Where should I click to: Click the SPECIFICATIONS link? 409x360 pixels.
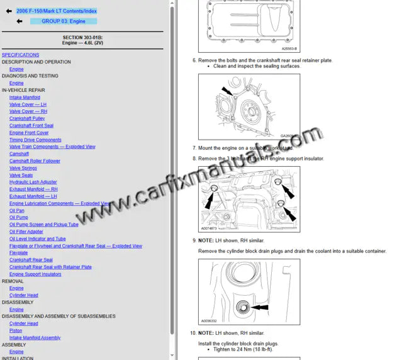20,55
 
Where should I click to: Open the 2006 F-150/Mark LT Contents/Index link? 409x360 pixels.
57,11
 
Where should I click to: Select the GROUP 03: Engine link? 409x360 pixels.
64,21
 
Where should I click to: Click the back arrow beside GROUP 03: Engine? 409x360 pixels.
20,21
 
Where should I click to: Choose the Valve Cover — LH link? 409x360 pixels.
28,104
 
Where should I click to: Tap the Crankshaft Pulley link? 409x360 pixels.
27,118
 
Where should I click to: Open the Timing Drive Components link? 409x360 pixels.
35,140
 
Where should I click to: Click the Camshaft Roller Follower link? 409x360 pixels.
35,161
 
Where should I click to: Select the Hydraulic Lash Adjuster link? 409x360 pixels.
33,182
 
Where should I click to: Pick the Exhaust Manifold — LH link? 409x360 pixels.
33,196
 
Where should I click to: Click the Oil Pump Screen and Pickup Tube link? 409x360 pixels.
44,225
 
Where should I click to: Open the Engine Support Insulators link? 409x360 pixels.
35,274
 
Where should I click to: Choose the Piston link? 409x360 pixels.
16,330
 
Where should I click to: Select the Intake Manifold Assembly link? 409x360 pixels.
35,338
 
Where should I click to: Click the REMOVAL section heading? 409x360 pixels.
13,281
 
